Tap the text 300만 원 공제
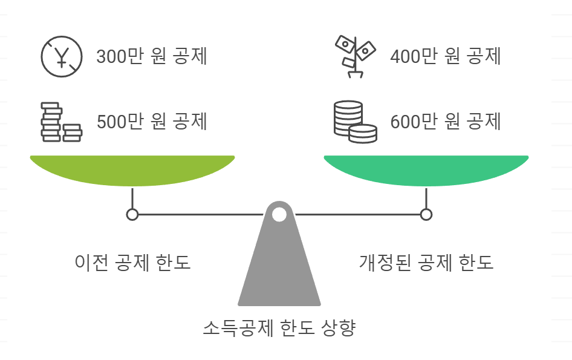152,56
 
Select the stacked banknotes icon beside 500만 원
61,122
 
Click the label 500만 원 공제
152,121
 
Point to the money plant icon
356,57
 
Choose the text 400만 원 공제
446,56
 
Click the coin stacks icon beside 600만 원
355,122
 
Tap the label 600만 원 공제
446,121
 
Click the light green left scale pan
132,171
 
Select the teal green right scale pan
426,171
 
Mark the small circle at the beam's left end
132,214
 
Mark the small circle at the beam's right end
426,214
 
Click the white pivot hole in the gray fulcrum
279,214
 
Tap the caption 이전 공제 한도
132,263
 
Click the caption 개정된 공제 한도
426,263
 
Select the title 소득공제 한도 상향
279,329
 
